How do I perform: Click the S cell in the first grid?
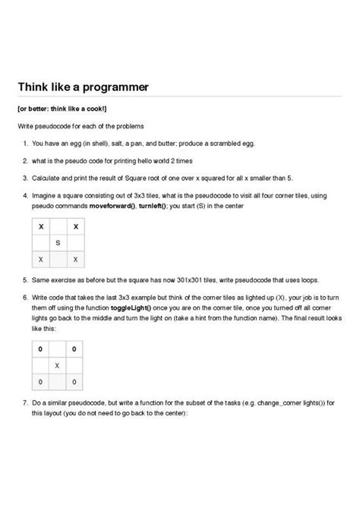(x=58, y=243)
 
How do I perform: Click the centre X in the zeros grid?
(x=58, y=365)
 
